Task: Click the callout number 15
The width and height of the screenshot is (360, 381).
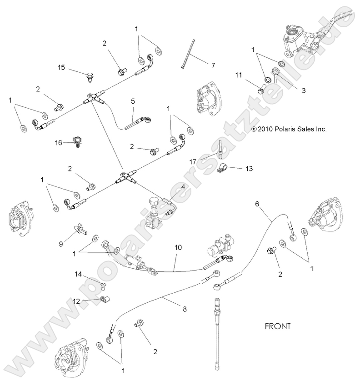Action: (61, 68)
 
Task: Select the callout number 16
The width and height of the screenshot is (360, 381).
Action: (59, 143)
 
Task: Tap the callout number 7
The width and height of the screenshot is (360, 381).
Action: (213, 65)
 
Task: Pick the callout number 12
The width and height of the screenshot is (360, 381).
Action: (76, 301)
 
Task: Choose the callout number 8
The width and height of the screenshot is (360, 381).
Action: (185, 310)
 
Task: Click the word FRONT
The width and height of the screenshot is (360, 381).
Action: (277, 326)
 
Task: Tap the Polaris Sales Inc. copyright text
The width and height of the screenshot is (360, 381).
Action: (289, 129)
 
